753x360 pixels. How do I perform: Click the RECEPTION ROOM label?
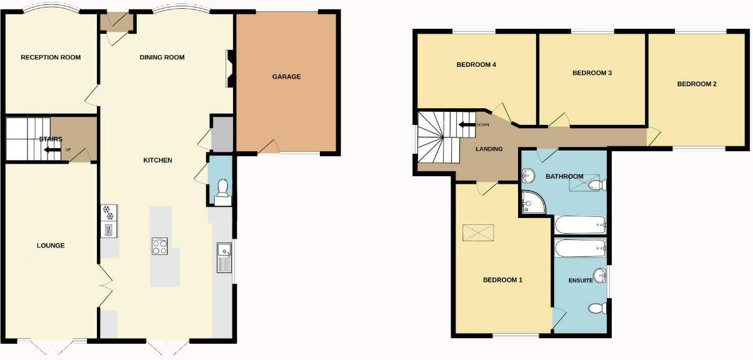click(x=51, y=57)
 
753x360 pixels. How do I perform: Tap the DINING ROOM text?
click(x=162, y=57)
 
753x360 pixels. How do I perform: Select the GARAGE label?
click(x=286, y=77)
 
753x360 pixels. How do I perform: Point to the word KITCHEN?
click(x=157, y=161)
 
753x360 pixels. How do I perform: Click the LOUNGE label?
click(x=51, y=246)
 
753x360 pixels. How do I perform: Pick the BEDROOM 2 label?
click(x=697, y=84)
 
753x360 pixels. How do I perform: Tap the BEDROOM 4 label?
click(x=476, y=64)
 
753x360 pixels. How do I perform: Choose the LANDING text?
click(x=489, y=149)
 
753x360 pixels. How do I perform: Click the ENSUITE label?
click(x=581, y=281)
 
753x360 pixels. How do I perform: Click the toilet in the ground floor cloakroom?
click(x=222, y=191)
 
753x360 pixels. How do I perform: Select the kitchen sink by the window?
click(x=224, y=257)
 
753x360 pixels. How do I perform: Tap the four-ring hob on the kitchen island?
click(x=159, y=246)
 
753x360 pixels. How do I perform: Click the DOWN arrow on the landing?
click(x=466, y=125)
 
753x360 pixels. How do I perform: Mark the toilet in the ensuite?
click(x=597, y=308)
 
